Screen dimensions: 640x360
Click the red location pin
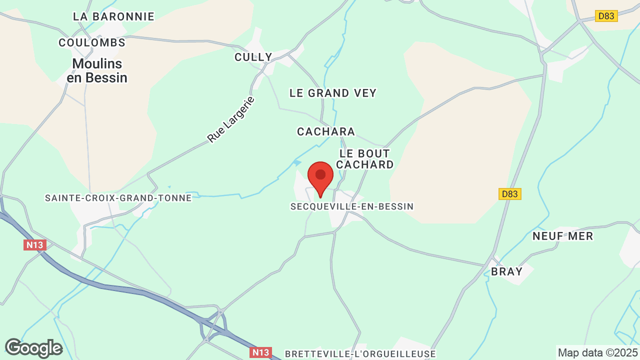pyautogui.click(x=320, y=177)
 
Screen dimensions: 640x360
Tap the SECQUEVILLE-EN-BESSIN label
pyautogui.click(x=352, y=206)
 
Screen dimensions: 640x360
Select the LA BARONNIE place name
pyautogui.click(x=113, y=16)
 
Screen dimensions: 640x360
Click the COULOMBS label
pyautogui.click(x=92, y=43)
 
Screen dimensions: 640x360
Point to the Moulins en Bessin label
pyautogui.click(x=97, y=70)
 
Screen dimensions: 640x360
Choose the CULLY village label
pyautogui.click(x=253, y=57)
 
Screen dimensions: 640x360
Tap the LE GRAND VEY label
pyautogui.click(x=333, y=93)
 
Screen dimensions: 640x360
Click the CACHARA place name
pyautogui.click(x=326, y=131)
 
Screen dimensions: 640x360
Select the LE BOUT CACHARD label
pyautogui.click(x=365, y=159)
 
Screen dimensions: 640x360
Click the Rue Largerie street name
pyautogui.click(x=231, y=119)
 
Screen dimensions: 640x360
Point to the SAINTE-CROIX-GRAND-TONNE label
pyautogui.click(x=118, y=198)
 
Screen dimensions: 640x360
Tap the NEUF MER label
pyautogui.click(x=562, y=236)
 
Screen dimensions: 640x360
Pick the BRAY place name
pyautogui.click(x=506, y=271)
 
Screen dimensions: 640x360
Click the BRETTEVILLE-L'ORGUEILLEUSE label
pyautogui.click(x=360, y=354)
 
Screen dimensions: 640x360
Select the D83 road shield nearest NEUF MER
pyautogui.click(x=510, y=194)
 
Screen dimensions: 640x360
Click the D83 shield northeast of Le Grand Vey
pyautogui.click(x=606, y=16)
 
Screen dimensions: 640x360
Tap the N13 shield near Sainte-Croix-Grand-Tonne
pyautogui.click(x=35, y=245)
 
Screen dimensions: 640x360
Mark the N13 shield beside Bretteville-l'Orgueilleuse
pyautogui.click(x=260, y=352)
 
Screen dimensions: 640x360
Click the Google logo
pyautogui.click(x=33, y=348)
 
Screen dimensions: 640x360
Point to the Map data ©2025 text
pyautogui.click(x=597, y=352)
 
